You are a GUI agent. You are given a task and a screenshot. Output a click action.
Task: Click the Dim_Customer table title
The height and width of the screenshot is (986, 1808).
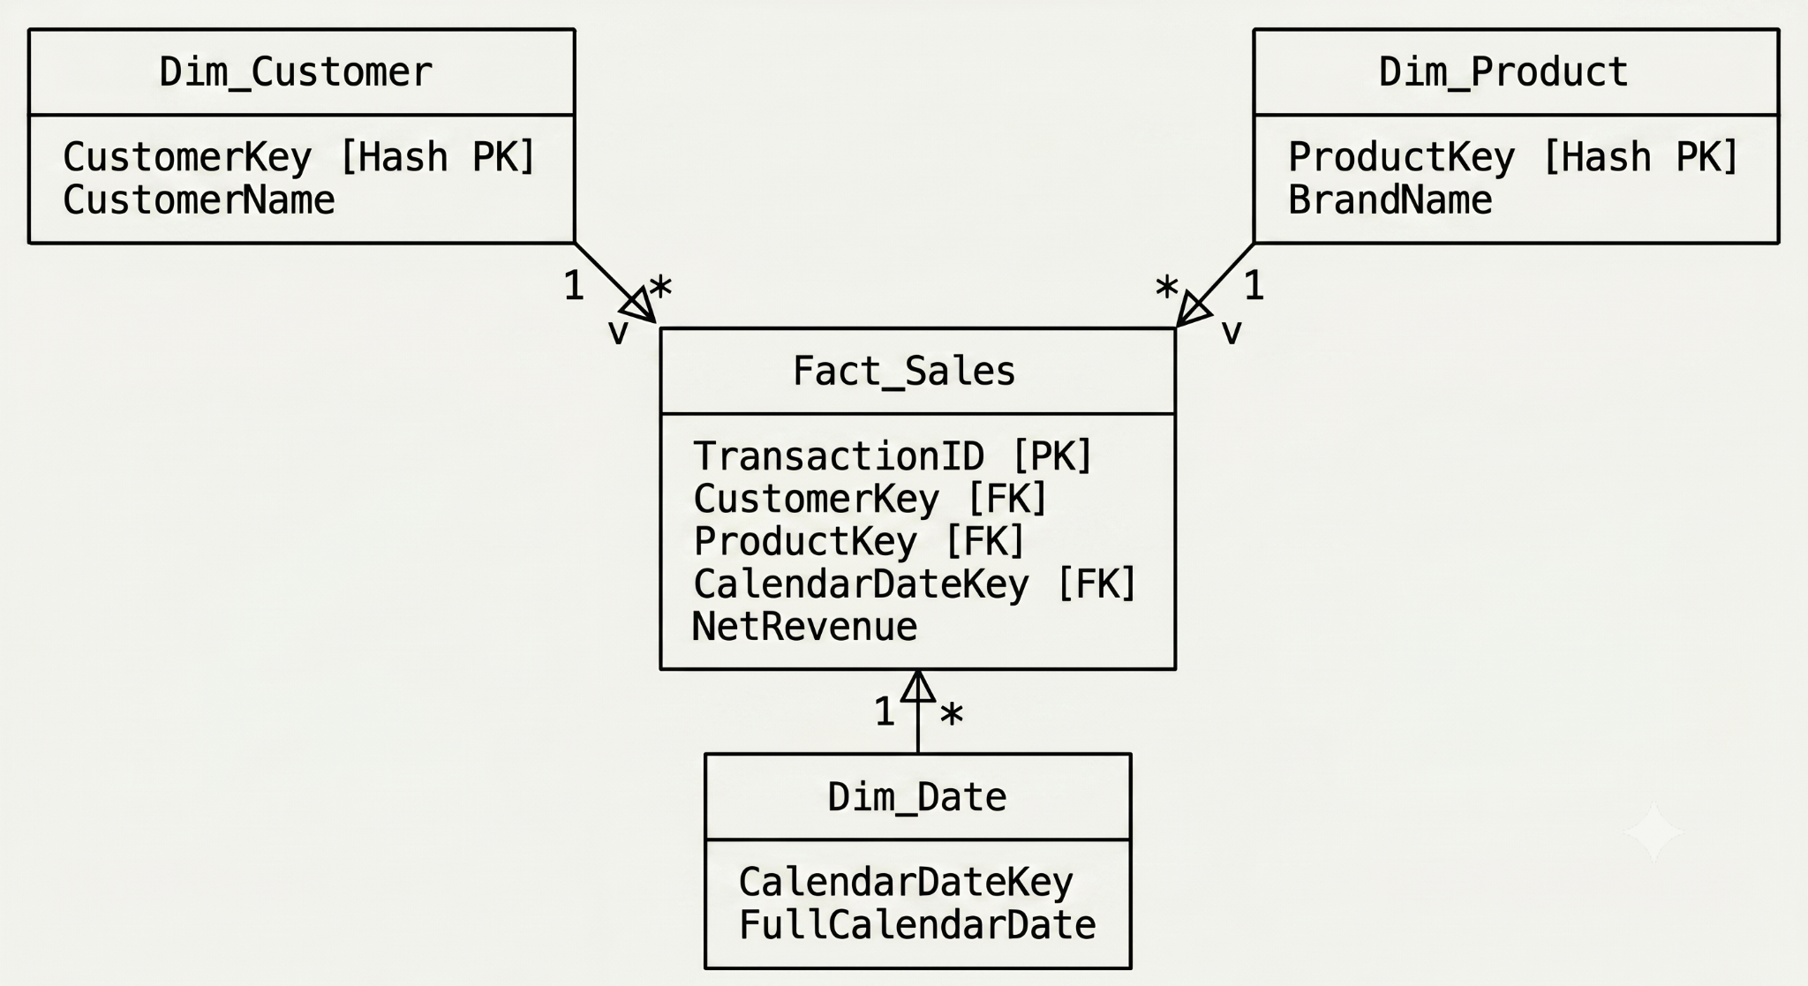pos(296,72)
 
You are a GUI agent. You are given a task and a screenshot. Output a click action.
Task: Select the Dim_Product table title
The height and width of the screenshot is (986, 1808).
pos(1503,72)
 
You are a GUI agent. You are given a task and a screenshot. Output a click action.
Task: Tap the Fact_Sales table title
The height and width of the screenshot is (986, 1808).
pos(904,371)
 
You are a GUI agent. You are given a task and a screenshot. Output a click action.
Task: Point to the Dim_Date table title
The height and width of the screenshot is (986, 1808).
pos(916,797)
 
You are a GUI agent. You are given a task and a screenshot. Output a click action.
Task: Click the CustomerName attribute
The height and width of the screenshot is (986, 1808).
pos(199,200)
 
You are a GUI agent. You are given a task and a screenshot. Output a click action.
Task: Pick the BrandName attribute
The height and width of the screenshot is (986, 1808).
pos(1390,200)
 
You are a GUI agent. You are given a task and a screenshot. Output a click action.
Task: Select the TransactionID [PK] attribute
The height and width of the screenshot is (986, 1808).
pos(893,456)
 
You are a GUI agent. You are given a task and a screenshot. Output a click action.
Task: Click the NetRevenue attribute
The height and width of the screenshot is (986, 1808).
pos(804,627)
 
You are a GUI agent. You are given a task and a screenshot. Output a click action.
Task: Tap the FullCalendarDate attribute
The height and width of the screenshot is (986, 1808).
pos(917,925)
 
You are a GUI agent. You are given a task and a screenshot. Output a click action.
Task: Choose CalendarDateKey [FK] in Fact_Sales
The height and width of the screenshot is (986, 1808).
pos(915,584)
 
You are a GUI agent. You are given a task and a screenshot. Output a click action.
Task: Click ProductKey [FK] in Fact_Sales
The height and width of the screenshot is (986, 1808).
pos(859,541)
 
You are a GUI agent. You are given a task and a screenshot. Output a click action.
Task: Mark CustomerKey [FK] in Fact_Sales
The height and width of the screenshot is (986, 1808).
pos(870,499)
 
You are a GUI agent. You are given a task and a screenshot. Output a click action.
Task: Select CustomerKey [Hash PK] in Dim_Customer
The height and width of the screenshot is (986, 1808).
pos(299,157)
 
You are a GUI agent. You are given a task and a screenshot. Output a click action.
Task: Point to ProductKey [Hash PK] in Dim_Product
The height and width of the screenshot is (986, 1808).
pos(1513,157)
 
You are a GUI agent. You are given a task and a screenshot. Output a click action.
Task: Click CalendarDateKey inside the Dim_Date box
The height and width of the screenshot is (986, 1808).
pos(906,882)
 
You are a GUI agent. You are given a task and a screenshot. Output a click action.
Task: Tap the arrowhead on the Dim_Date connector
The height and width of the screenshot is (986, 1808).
pos(918,686)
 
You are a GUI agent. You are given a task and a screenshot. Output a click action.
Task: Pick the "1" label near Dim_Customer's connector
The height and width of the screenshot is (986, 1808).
pos(574,286)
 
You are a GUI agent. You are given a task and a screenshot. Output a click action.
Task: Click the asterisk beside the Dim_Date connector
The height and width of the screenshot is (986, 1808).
pos(952,714)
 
